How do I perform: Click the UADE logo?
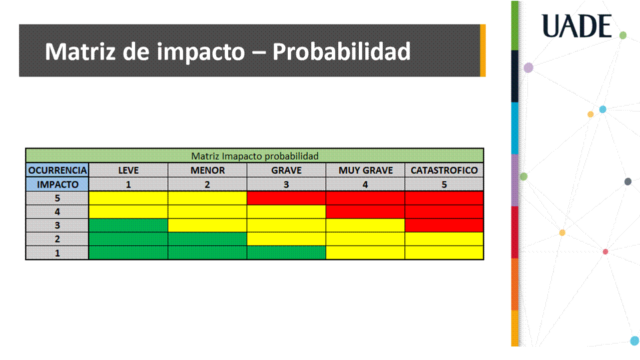[x=576, y=26]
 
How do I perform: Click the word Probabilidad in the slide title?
[x=341, y=51]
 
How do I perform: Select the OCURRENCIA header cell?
[x=57, y=170]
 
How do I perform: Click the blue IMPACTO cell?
[x=57, y=184]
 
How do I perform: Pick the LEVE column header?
[x=128, y=170]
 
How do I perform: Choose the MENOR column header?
[x=208, y=170]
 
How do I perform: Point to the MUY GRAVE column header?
[x=365, y=170]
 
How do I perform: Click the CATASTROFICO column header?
[x=444, y=170]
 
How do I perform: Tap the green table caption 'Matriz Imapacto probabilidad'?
[x=255, y=156]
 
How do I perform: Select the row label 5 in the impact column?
[x=57, y=198]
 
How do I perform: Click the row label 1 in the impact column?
[x=57, y=253]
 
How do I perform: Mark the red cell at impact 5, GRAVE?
[x=286, y=198]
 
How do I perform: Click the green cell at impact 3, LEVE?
[x=128, y=225]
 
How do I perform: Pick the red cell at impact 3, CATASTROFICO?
[x=444, y=225]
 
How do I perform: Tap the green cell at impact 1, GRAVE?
[x=286, y=253]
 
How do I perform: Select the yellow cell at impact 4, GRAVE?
[x=286, y=212]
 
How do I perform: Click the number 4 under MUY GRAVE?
[x=365, y=184]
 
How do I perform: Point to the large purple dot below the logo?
[x=528, y=67]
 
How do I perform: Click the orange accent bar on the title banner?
[x=483, y=50]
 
